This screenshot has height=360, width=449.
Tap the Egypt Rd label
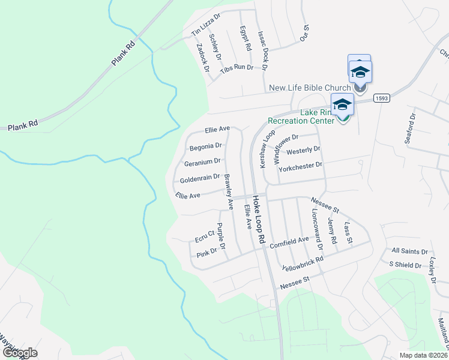[245, 38]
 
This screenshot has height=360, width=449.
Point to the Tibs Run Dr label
[237, 68]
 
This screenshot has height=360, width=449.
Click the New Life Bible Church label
[309, 88]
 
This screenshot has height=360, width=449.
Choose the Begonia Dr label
[206, 146]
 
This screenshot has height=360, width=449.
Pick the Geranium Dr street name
[202, 161]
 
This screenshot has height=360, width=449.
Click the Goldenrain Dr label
[200, 178]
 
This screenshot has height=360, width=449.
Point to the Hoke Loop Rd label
[259, 219]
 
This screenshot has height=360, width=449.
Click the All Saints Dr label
[409, 251]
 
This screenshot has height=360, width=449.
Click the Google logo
[20, 352]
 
